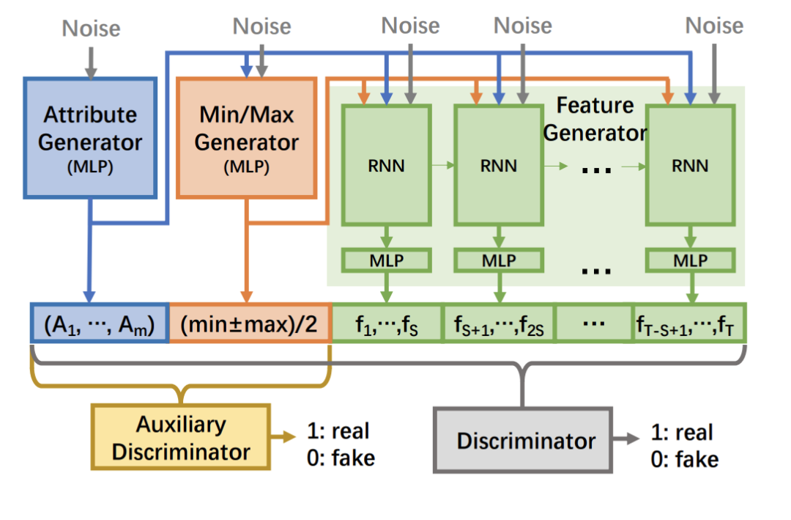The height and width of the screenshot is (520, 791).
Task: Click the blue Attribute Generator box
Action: tap(90, 137)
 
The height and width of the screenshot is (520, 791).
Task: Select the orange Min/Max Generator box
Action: tap(247, 137)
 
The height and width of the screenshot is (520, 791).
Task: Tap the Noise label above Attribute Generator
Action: tap(91, 28)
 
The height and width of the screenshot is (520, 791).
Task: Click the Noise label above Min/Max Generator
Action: tap(261, 26)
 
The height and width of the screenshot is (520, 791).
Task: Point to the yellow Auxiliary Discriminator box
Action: tap(180, 437)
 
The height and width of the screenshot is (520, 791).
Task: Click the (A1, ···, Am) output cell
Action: tap(100, 323)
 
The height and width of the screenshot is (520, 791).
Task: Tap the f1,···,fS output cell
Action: tap(387, 323)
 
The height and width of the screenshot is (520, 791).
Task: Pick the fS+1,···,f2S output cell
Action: tap(498, 323)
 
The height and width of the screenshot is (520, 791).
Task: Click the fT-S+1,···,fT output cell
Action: tap(688, 323)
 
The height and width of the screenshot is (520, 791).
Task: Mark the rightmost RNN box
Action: tap(690, 165)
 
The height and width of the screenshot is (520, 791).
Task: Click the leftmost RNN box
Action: tap(387, 165)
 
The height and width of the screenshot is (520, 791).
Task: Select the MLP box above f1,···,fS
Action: tap(387, 260)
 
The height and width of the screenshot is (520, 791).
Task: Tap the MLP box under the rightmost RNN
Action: tap(690, 260)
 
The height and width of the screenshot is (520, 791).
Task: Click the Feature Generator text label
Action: tap(595, 120)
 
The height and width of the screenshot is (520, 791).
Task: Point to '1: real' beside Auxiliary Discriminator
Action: tap(338, 431)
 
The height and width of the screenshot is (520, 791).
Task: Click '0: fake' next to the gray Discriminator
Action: tap(685, 460)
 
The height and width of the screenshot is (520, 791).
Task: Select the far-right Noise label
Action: tap(714, 26)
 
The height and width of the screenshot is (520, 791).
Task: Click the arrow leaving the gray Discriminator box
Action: tap(628, 440)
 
